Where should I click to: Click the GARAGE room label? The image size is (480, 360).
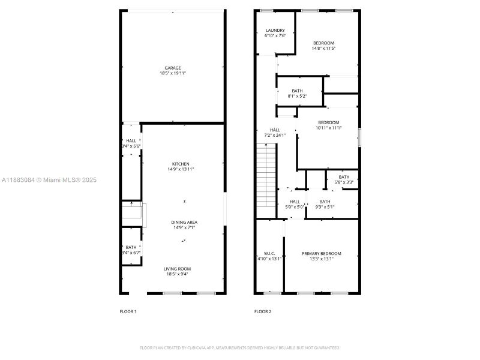[x=173, y=68]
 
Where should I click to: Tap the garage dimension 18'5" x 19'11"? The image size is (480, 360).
[x=173, y=73]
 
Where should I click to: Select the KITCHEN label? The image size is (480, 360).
[x=181, y=164]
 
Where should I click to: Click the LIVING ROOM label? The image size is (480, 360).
[x=179, y=268]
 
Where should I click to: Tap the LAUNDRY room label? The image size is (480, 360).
[x=275, y=30]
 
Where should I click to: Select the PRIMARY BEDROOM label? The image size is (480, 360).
[x=321, y=254]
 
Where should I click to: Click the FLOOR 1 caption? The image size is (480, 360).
[x=128, y=311]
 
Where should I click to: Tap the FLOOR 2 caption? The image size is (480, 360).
[x=263, y=311]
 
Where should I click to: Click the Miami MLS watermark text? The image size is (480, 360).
[x=49, y=180]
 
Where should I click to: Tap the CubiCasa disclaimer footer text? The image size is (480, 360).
[x=240, y=347]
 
